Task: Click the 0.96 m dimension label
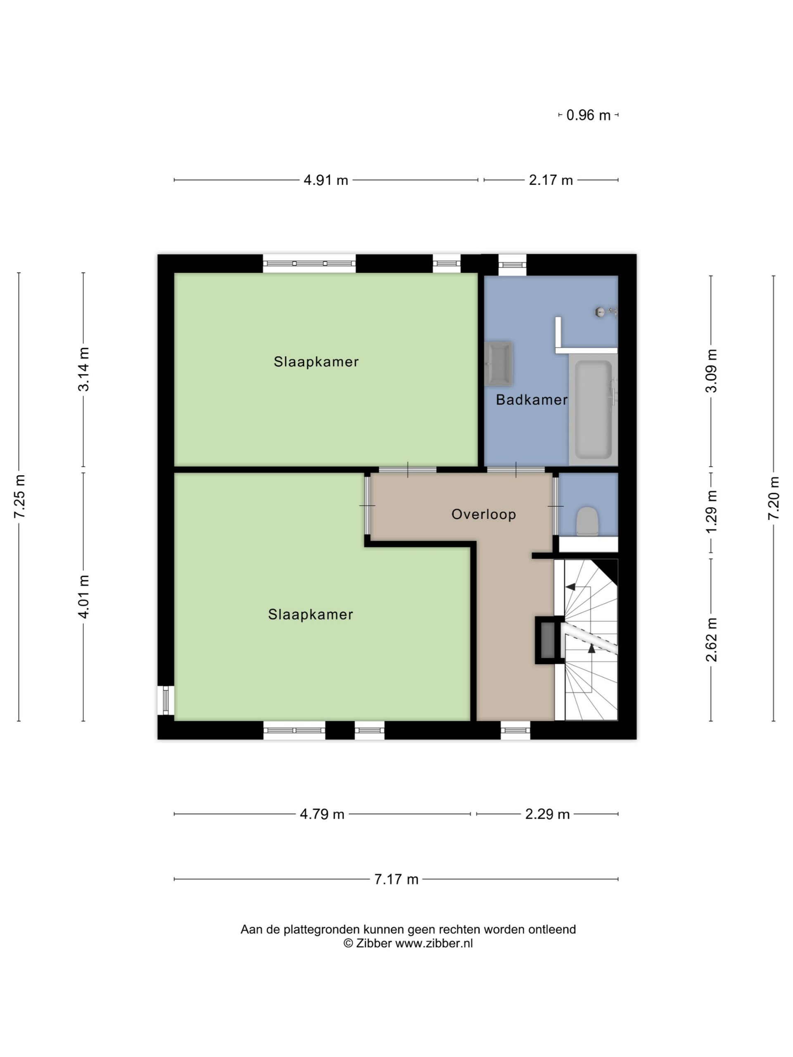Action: click(x=588, y=115)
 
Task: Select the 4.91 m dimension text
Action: click(x=325, y=180)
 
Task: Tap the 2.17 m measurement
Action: click(x=551, y=180)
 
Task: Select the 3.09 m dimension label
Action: click(x=711, y=371)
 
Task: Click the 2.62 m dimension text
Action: click(x=711, y=640)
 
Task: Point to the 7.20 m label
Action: click(x=774, y=498)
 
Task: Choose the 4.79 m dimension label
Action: click(x=322, y=814)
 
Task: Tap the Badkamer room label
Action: click(x=532, y=400)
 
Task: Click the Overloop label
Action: click(x=484, y=514)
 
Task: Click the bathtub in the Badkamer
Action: click(x=593, y=410)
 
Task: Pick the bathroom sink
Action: click(x=499, y=364)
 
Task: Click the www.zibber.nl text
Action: click(x=434, y=943)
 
